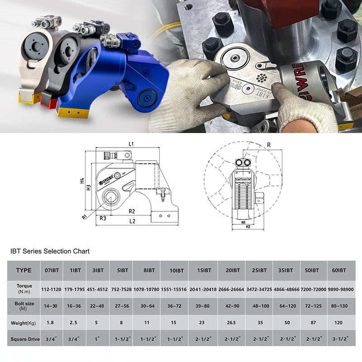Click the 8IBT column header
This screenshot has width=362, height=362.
point(147,271)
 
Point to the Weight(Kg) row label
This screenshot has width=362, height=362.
point(24,323)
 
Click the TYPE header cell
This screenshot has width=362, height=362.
point(24,271)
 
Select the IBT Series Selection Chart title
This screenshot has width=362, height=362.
point(50,251)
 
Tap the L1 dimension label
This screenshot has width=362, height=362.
point(131,143)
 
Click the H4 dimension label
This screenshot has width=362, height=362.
point(82,180)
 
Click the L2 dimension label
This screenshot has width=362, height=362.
point(132,221)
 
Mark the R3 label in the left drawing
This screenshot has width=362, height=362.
point(103,219)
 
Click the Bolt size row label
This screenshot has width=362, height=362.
point(24,306)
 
